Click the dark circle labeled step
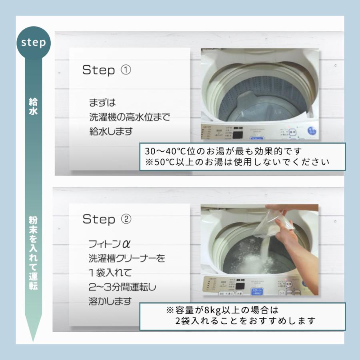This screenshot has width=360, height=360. [34, 42]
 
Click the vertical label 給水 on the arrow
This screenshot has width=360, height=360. [33, 106]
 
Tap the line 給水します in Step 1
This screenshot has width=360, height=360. [111, 131]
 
